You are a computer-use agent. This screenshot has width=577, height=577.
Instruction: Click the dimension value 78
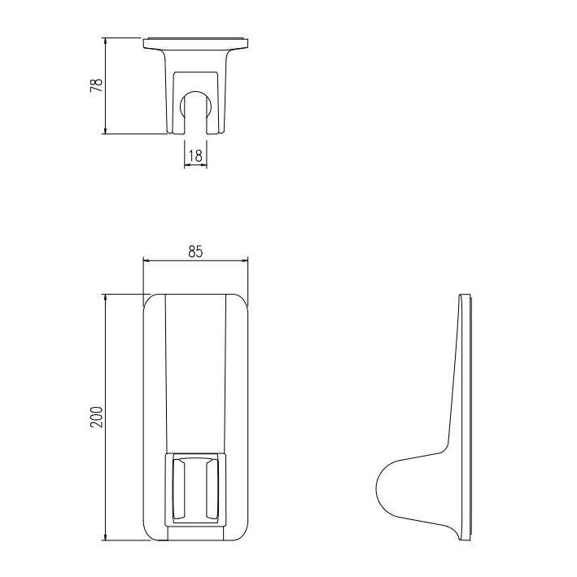[x=96, y=85]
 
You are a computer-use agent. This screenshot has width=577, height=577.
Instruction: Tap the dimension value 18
[x=195, y=155]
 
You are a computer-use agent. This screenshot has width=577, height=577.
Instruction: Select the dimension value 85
[x=195, y=251]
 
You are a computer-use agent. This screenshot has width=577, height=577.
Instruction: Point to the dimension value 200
[x=96, y=417]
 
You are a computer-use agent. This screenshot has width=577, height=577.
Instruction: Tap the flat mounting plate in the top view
[x=195, y=42]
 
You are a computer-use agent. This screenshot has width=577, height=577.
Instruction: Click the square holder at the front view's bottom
[x=195, y=487]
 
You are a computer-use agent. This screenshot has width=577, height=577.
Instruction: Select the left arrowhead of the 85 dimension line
[x=146, y=260]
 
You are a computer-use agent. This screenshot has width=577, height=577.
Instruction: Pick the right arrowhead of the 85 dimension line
[x=244, y=260]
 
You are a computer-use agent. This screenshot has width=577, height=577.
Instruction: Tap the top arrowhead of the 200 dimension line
[x=106, y=296]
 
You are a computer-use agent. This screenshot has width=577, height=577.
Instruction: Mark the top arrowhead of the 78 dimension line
[x=106, y=40]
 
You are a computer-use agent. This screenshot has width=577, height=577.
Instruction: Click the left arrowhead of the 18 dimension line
[x=186, y=165]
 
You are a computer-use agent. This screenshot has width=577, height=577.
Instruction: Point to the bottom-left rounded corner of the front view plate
[x=150, y=532]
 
